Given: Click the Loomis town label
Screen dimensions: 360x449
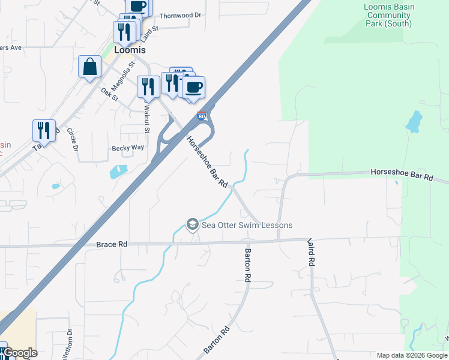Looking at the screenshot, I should (x=130, y=50).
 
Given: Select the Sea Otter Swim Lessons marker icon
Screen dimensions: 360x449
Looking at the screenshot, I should (x=193, y=225).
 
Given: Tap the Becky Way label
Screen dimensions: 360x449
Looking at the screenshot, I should (x=128, y=148).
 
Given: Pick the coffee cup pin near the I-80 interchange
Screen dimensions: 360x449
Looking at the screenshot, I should (x=193, y=88).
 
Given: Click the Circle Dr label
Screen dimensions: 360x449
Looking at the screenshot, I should (x=72, y=139).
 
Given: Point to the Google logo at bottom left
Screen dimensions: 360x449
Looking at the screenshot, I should (x=20, y=353).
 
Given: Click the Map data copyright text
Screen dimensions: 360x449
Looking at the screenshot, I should (x=411, y=355).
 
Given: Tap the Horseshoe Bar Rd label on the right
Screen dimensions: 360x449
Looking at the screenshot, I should (x=402, y=175).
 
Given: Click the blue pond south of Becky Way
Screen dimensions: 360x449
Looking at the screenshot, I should (x=118, y=171).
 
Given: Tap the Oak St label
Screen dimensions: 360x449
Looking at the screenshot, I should (x=109, y=94).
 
